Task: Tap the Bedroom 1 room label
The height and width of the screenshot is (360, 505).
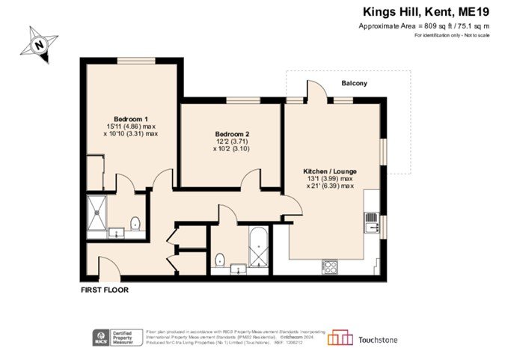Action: [130, 119]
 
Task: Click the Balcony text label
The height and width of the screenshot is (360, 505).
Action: [354, 83]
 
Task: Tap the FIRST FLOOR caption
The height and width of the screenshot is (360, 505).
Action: [105, 289]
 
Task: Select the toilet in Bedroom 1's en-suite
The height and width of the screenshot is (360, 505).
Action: [135, 223]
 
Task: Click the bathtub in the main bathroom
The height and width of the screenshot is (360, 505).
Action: [257, 248]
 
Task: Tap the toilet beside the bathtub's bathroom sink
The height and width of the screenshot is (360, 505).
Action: [219, 260]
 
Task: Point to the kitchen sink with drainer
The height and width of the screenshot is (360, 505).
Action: [370, 222]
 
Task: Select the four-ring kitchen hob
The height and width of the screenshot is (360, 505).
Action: [329, 265]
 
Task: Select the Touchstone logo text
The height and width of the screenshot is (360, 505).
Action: [377, 340]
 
